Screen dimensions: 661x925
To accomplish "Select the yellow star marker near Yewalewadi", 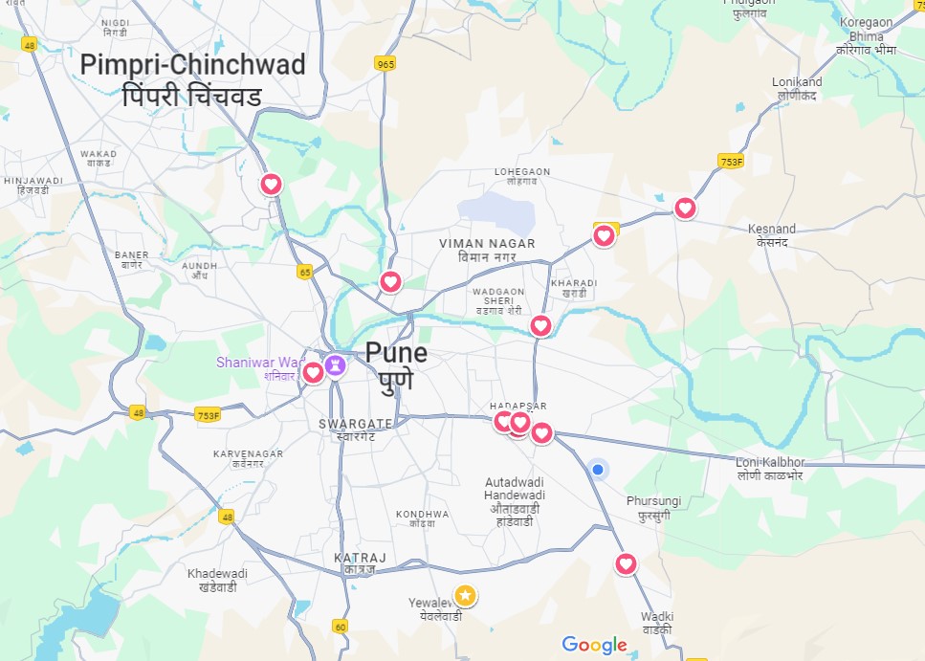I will (x=465, y=596).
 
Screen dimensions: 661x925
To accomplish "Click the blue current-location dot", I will (x=598, y=469).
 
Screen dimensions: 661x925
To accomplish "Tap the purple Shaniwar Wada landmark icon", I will (x=335, y=364).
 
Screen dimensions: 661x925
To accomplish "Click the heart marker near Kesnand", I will (x=685, y=208).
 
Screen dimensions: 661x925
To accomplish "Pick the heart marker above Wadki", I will (x=626, y=563).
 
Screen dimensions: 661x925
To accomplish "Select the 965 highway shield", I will (x=385, y=64).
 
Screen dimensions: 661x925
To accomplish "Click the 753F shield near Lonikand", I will (x=731, y=163).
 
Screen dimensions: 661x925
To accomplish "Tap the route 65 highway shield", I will (x=305, y=272).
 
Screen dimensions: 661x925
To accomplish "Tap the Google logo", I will (x=594, y=645).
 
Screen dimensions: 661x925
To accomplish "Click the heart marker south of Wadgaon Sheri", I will (x=540, y=326).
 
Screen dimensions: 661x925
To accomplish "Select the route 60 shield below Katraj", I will (x=341, y=627).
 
